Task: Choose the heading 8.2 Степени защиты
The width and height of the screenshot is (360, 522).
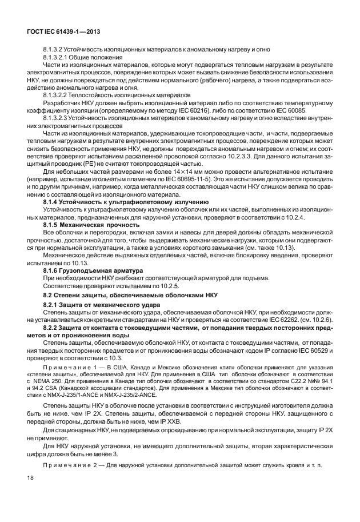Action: (x=130, y=294)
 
